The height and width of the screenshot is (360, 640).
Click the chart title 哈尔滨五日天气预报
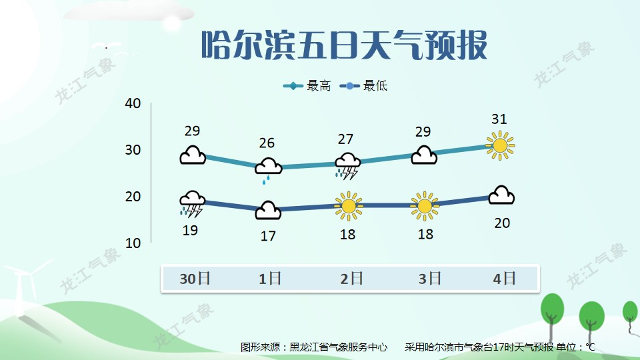[345, 45]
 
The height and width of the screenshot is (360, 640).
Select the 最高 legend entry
[307, 86]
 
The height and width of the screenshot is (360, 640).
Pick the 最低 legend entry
[363, 86]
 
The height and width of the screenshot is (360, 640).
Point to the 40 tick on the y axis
[133, 103]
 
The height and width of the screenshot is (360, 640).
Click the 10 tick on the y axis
[133, 243]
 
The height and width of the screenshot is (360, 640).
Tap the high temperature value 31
[499, 119]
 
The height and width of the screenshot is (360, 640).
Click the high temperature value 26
[267, 143]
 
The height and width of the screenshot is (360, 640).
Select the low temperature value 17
[268, 236]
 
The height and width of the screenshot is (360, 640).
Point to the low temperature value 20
[502, 223]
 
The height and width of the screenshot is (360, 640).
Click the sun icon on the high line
[500, 145]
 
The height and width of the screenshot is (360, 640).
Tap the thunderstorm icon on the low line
[192, 204]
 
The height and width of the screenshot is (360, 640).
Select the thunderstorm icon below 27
[348, 166]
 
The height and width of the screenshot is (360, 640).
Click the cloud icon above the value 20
[501, 195]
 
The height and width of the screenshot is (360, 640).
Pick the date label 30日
[195, 279]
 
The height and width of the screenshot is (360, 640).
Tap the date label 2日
[351, 279]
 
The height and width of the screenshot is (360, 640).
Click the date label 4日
[504, 279]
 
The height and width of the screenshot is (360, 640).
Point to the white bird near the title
[107, 46]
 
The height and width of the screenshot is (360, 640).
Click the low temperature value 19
[190, 231]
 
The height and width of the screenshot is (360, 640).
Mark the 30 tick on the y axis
[133, 150]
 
